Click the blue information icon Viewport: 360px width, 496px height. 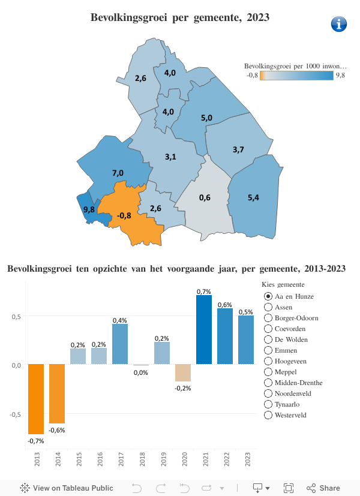click(x=339, y=24)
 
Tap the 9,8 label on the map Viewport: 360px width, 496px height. click(x=89, y=209)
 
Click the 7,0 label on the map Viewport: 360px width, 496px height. click(x=118, y=173)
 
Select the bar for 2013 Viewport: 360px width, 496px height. click(x=36, y=399)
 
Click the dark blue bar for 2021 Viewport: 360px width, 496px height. click(x=204, y=330)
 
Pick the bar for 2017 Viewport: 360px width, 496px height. click(x=120, y=344)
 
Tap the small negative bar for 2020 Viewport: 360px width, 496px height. click(x=183, y=372)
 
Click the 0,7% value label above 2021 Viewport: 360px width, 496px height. click(x=204, y=291)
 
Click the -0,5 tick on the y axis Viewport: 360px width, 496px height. click(x=17, y=414)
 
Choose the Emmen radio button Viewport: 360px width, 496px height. click(x=268, y=350)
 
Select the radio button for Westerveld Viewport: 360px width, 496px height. click(x=268, y=415)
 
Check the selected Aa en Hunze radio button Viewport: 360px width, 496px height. click(x=268, y=296)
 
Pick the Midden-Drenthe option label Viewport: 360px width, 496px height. click(x=298, y=383)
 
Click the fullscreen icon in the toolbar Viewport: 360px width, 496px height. click(x=289, y=488)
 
